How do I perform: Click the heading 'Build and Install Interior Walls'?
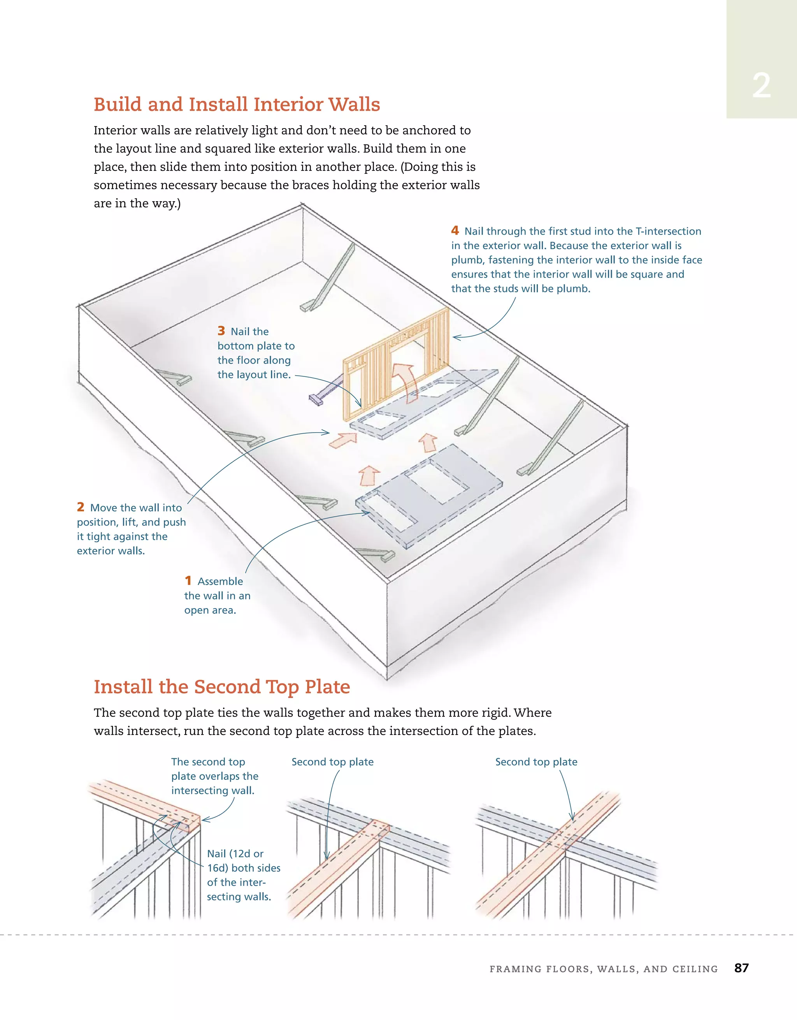coord(237,104)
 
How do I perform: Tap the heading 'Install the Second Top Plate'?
coord(222,686)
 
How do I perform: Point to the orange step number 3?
coord(221,331)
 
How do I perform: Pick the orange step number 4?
coord(455,230)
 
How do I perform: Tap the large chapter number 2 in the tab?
coord(761,86)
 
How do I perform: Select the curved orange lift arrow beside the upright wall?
coord(405,381)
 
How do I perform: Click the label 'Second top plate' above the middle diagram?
coord(332,762)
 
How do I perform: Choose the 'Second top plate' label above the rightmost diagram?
coord(536,762)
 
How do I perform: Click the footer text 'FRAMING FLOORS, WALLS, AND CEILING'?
coord(603,969)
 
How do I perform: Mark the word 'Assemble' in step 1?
coord(220,582)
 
